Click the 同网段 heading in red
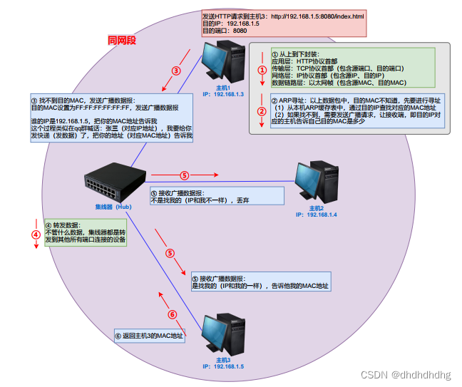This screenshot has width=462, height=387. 121,41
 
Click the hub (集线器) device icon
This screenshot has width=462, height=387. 114,182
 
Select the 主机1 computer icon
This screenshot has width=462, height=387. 222,63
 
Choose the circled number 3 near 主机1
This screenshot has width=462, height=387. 176,71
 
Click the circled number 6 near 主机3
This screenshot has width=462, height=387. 172,314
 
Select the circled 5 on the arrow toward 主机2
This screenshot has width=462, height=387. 184,175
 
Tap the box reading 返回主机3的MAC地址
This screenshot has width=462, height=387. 149,336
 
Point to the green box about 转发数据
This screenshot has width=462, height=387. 86,232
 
